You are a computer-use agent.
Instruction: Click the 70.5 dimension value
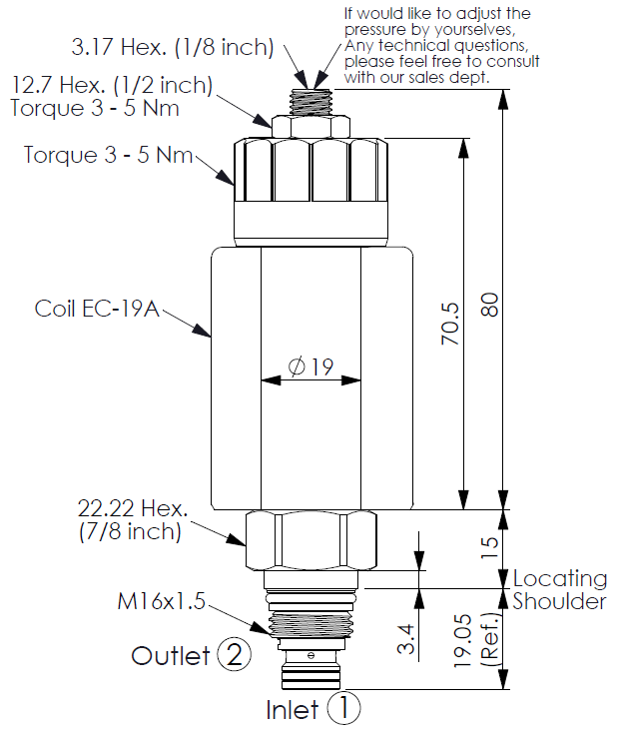(450, 324)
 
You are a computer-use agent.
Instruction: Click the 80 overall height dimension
(490, 305)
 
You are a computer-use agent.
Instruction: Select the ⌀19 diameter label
(310, 367)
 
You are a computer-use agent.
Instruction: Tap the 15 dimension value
(489, 547)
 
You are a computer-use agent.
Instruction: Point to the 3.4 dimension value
(405, 639)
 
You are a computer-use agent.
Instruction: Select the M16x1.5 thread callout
(161, 601)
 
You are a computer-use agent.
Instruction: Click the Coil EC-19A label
(97, 309)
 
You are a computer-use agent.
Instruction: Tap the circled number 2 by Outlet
(235, 654)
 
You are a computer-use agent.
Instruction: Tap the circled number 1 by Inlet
(343, 708)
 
